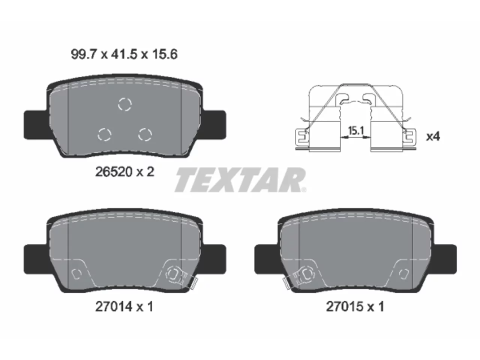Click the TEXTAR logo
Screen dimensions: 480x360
coord(240,180)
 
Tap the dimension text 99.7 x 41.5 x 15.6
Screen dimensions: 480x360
coord(124,54)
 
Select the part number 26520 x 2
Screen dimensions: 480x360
coord(124,172)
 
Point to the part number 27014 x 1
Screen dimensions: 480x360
coord(124,307)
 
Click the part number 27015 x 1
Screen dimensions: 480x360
coord(355,307)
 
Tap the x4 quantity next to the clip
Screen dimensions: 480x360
coord(433,136)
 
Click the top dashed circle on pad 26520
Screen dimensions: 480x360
coord(125,104)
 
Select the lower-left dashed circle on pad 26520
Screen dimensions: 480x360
coord(104,134)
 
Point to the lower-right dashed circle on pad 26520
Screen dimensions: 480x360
coord(145,134)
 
